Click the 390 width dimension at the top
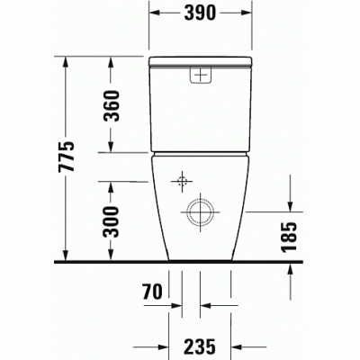[x=198, y=15]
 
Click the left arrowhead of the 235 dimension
[x=173, y=344]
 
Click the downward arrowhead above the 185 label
[x=290, y=206]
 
